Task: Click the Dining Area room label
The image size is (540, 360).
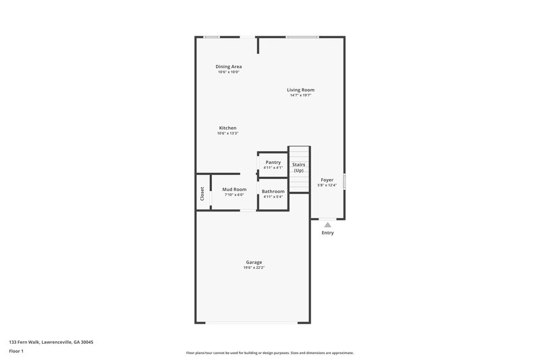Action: coord(228,66)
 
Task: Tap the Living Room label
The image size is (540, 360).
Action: coord(300,90)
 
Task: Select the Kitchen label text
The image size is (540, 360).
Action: coord(227,128)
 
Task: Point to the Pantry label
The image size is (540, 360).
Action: coord(273,162)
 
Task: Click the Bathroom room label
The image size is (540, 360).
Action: coord(273,191)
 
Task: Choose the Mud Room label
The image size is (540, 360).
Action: coord(234,189)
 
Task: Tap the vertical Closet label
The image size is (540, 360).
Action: coord(202,194)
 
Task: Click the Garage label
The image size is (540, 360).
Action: coord(254,262)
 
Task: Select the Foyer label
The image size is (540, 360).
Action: coord(327,180)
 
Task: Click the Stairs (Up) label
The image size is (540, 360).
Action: coord(298,168)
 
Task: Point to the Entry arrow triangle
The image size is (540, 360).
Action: coord(327,225)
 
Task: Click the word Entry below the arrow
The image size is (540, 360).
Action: coord(327,233)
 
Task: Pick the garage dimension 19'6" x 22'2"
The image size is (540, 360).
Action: coord(254,268)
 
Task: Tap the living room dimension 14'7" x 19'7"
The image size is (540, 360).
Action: coord(300,95)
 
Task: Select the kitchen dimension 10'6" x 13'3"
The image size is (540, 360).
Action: coord(227,133)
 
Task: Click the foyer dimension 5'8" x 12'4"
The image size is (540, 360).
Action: coord(327,185)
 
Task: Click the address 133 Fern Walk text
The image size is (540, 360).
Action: coord(51,342)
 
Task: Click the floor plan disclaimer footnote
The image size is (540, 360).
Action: coord(269,353)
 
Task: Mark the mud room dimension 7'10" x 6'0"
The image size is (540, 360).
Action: coord(234,195)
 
